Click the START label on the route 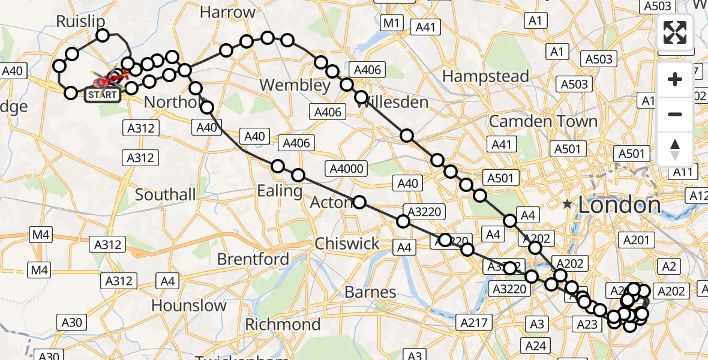[x=102, y=95]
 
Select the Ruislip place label [x=80, y=22]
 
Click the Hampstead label [x=485, y=77]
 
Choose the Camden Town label [x=543, y=122]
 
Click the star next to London [x=568, y=205]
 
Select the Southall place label [x=166, y=194]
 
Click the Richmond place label [x=283, y=325]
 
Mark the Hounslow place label [x=189, y=305]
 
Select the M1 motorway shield [x=392, y=23]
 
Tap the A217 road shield [x=474, y=322]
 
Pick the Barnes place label [x=370, y=292]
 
